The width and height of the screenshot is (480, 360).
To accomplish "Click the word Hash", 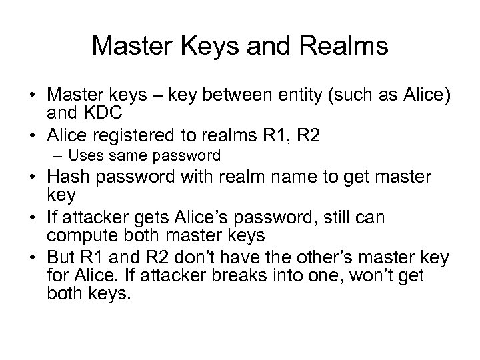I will (67, 179).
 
